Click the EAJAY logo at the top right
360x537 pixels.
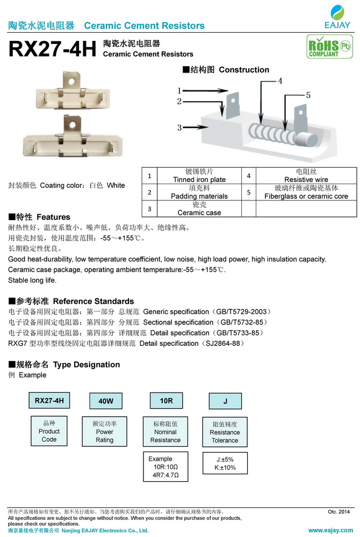[337, 16]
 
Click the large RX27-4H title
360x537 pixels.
[52, 49]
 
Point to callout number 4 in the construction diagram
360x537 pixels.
[279, 81]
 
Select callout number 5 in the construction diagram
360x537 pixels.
[308, 95]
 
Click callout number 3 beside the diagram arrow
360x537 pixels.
[179, 127]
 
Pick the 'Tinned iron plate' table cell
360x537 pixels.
[199, 176]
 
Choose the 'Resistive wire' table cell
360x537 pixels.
[306, 176]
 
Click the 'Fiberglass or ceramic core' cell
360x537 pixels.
[306, 192]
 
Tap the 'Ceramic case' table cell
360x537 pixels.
[199, 209]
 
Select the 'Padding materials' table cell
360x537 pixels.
[199, 192]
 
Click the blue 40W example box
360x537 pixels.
[105, 401]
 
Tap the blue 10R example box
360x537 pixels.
[166, 401]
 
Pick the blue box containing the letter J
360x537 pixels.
[225, 401]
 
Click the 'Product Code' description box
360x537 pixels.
[49, 431]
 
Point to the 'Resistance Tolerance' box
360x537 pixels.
[225, 432]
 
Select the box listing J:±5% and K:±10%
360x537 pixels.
[225, 463]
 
